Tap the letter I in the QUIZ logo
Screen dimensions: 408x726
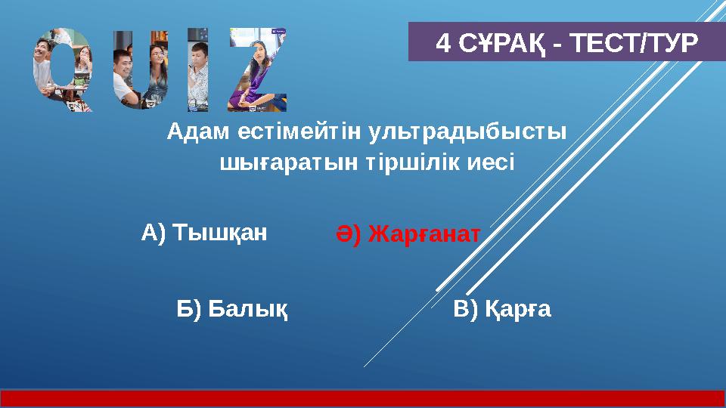(197, 70)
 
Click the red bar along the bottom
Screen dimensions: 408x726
(363, 398)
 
